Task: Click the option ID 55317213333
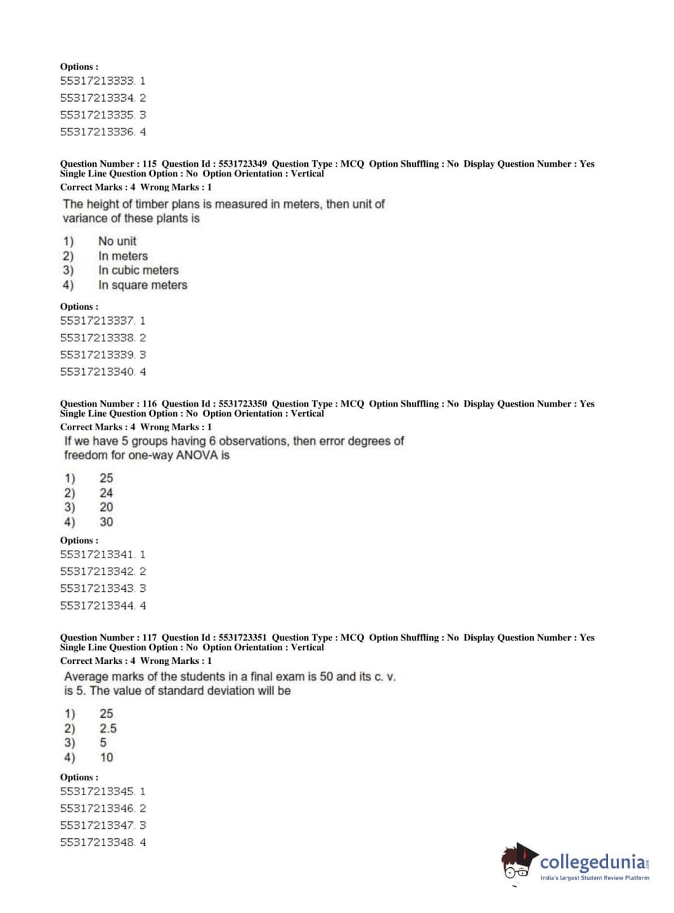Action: [x=98, y=81]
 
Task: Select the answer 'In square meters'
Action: [x=142, y=285]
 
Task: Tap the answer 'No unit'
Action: [x=117, y=241]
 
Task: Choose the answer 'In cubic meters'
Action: [x=138, y=270]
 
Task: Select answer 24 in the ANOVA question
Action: [x=106, y=493]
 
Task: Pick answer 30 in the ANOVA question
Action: [x=106, y=522]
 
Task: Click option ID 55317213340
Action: [x=98, y=372]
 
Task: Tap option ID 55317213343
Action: [x=98, y=588]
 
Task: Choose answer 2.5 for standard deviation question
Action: [x=108, y=729]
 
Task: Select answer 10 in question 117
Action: [x=106, y=757]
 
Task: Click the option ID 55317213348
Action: [x=98, y=842]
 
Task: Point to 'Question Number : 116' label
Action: [x=108, y=404]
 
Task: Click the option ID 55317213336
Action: [x=98, y=132]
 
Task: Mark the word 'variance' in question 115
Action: [x=84, y=218]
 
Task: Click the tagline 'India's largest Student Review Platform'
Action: [x=595, y=878]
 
